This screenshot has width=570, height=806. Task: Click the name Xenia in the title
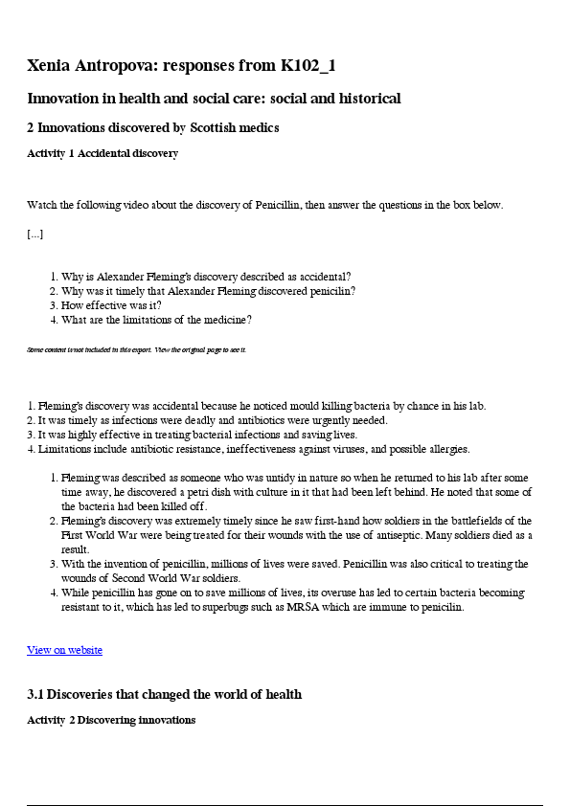coord(53,66)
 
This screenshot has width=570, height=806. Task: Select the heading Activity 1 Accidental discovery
coord(103,153)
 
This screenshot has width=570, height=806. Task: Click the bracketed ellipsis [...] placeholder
coord(34,234)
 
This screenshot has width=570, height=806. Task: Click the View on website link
coord(64,650)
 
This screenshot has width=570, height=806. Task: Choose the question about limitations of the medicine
coord(156,320)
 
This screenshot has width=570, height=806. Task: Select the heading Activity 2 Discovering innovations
coord(111,720)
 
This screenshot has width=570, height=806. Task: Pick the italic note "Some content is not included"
coord(136,349)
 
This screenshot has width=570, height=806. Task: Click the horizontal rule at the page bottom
coord(285,805)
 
